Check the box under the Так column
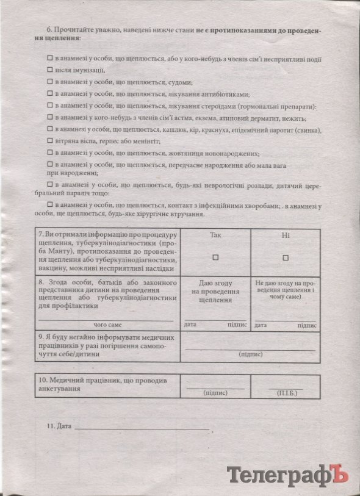coord(215,257)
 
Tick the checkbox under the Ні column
coord(285,257)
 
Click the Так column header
coord(215,235)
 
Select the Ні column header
coord(285,235)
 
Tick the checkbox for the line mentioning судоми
coord(50,82)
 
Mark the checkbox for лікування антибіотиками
coord(50,94)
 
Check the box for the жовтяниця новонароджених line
coord(50,153)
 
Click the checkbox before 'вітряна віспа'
coord(50,142)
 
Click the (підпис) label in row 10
coord(215,394)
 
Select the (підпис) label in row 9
coord(250,354)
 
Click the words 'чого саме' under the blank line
coord(107,325)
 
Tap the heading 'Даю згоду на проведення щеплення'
coord(215,292)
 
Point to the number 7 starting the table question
coord(40,235)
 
